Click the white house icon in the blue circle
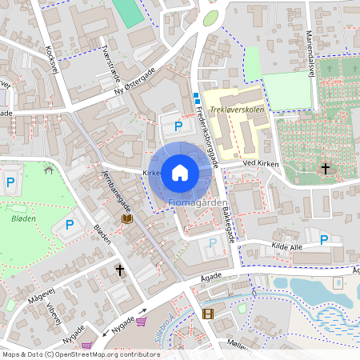click(x=179, y=172)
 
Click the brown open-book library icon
click(x=126, y=218)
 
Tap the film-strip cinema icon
click(x=209, y=314)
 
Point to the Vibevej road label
click(x=54, y=314)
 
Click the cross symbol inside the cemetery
click(x=325, y=168)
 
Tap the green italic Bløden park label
click(x=24, y=218)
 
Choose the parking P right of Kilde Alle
click(x=324, y=239)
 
